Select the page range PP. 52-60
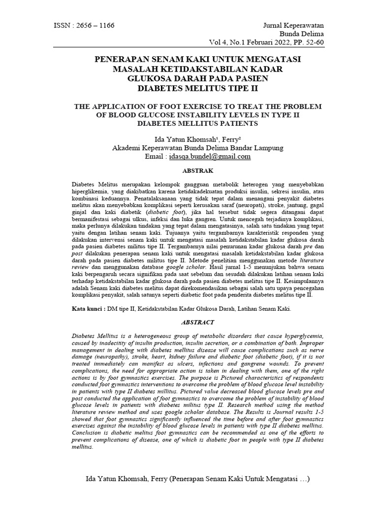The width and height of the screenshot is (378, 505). (305, 42)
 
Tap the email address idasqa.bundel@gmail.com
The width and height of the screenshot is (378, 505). (210, 156)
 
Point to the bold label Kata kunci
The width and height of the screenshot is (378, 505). (87, 309)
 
